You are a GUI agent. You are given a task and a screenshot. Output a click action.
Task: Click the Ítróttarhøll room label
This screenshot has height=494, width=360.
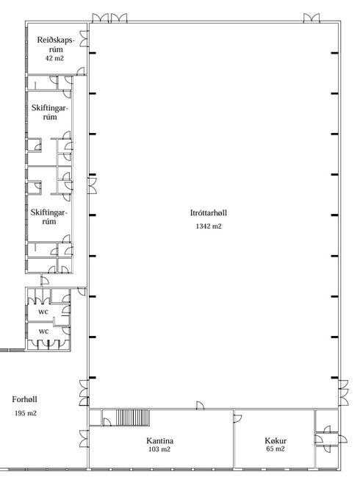208,213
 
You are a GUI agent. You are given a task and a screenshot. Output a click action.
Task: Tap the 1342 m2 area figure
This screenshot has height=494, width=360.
209,226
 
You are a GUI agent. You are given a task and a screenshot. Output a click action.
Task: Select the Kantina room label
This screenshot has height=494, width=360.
159,440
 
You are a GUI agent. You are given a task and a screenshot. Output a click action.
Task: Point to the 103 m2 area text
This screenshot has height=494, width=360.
159,449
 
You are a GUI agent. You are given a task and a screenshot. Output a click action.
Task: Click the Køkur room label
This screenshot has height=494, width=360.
276,440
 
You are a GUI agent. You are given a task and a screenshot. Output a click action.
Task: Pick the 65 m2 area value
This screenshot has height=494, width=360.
276,449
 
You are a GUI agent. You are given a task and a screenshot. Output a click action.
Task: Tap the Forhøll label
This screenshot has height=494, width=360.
24,399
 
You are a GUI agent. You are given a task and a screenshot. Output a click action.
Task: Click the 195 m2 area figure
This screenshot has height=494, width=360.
26,413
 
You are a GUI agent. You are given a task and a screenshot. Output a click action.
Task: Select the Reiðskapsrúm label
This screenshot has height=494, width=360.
56,45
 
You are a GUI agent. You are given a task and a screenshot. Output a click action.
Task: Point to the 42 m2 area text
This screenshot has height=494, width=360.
54,58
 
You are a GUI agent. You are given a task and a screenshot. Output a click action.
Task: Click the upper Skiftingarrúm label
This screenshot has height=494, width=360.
50,112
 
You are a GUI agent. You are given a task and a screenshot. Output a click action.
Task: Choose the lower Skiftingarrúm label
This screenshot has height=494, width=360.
49,217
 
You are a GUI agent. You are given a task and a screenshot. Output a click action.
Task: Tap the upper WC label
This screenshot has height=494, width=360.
43,312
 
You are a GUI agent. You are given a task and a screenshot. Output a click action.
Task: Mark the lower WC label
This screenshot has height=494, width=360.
44,331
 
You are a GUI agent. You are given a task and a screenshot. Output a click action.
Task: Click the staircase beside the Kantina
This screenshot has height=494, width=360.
132,418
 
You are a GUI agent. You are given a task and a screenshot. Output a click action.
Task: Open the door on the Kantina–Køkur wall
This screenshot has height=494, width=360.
238,418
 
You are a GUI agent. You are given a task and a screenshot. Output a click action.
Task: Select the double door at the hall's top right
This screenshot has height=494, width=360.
312,18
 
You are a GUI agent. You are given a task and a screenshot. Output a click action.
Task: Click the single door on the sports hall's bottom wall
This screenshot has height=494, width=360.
200,406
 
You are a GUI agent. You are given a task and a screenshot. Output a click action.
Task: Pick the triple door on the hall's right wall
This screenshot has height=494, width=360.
344,393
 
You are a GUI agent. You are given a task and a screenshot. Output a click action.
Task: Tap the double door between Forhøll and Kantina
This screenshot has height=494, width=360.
84,438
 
